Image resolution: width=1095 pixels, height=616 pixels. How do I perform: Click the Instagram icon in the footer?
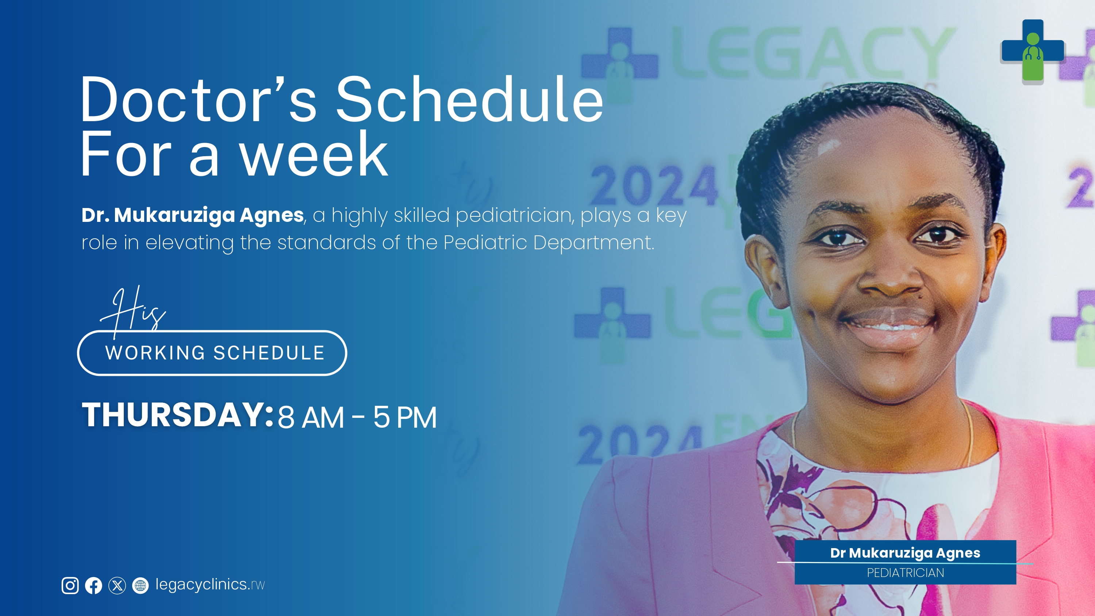(x=70, y=585)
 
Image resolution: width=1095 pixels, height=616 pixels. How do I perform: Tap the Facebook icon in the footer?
(x=93, y=585)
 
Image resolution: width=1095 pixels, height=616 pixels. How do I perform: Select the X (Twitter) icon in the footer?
(x=117, y=585)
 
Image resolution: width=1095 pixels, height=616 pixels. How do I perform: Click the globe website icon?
(x=140, y=585)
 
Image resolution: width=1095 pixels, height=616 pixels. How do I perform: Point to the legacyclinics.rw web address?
(x=210, y=585)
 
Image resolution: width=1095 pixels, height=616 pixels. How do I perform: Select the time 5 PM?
(x=405, y=417)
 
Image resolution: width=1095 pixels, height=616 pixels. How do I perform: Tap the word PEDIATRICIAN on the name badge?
(x=906, y=573)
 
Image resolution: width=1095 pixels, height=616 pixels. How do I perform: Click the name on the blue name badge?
(x=906, y=553)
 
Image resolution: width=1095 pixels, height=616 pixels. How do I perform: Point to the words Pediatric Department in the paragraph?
(x=549, y=243)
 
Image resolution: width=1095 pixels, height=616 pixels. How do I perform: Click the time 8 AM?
(x=311, y=417)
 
